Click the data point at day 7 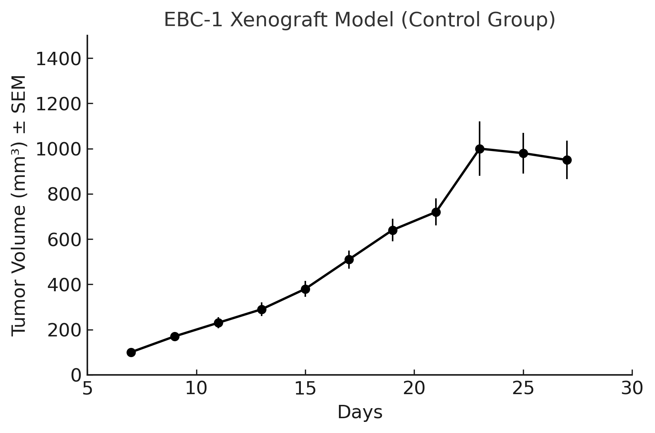131,352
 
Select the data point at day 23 480,149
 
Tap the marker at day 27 567,160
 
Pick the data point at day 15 305,289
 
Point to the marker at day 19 393,230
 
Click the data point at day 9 175,336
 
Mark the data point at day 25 523,153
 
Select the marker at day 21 436,212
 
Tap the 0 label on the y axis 75,375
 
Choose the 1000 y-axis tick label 58,149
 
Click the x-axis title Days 360,413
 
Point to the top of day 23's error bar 480,122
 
